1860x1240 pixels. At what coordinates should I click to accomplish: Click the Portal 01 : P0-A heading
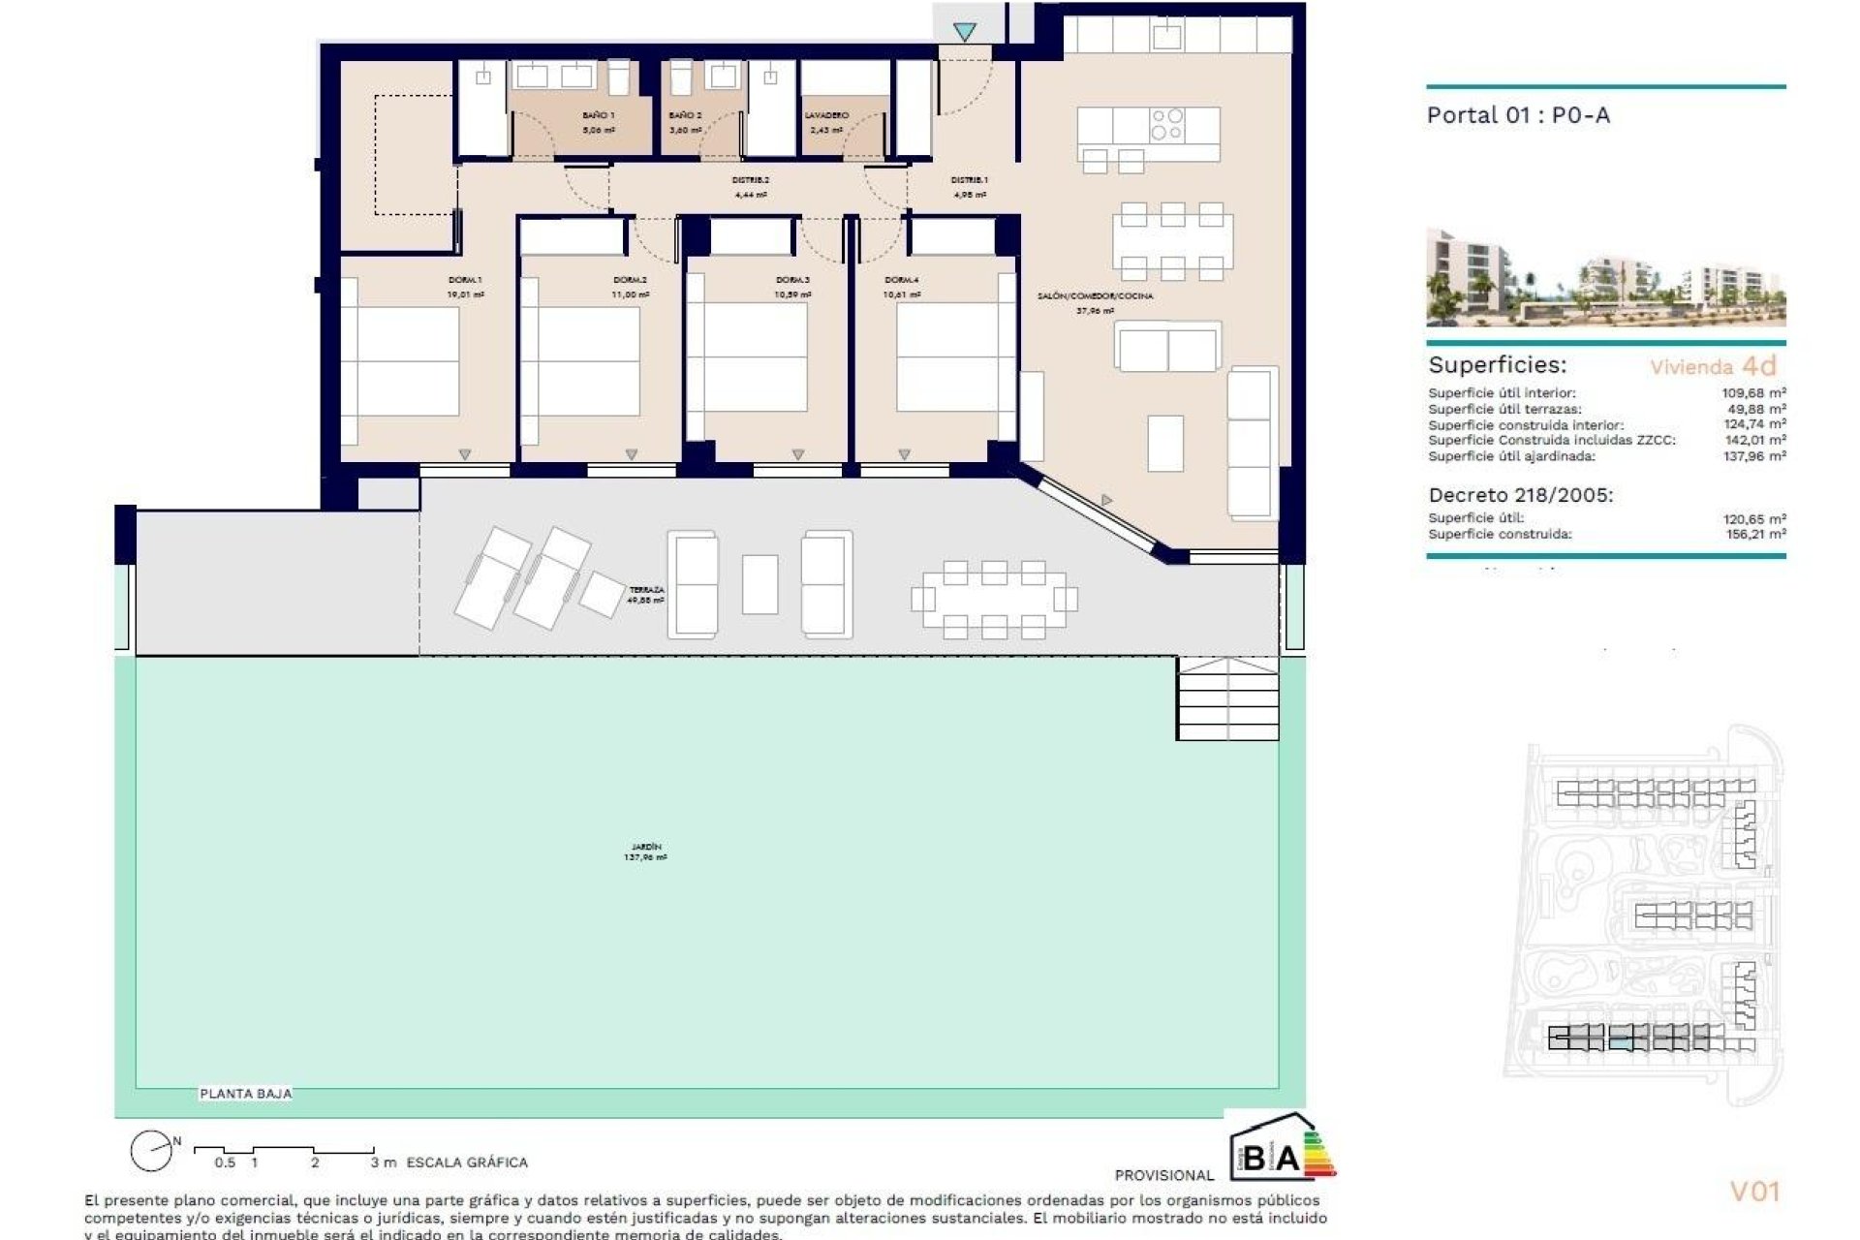1517,115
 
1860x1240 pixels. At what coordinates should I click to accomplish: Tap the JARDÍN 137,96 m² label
645,852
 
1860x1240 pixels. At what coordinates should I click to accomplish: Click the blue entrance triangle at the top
964,32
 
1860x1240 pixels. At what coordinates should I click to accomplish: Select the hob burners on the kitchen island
1167,124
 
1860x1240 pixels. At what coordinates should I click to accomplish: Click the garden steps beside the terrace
1226,699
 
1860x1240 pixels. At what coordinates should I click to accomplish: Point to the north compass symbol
152,1151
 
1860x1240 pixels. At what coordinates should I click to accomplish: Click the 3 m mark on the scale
383,1162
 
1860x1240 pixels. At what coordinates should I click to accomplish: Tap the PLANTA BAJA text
245,1093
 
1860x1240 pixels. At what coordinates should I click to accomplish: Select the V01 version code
1754,1191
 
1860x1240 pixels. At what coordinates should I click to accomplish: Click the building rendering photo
1605,278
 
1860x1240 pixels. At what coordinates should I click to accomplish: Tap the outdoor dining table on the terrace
994,600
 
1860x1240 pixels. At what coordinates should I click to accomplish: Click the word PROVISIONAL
1163,1175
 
